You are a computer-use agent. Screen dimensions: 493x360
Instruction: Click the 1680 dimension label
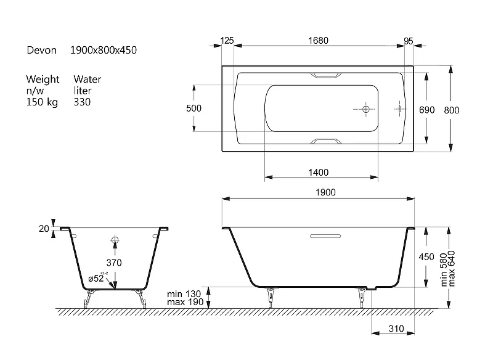318,41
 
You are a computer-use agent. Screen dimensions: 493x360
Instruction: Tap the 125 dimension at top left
227,41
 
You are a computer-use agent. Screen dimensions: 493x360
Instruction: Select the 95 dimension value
409,41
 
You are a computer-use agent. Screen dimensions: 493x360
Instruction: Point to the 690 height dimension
426,110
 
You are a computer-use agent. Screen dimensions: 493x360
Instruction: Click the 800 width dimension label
452,110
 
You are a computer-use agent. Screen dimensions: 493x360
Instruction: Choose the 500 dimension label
194,108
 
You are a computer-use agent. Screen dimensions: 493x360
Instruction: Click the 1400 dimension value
319,173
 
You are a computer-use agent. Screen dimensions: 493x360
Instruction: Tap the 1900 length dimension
325,192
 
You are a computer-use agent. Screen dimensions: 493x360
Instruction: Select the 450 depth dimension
426,257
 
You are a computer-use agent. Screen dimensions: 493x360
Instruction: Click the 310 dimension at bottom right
396,329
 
